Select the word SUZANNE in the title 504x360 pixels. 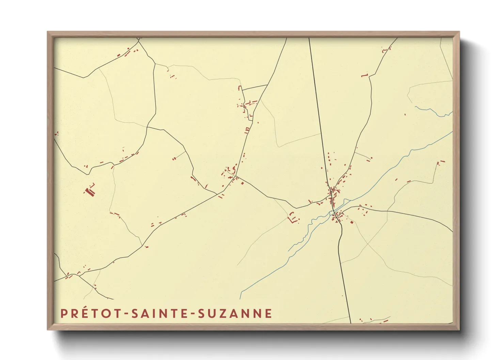tap(235, 313)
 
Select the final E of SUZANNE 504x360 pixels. tap(269, 313)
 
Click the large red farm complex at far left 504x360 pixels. tap(90, 190)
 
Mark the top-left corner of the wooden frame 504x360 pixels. tap(48, 32)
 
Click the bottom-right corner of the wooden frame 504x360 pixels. tap(459, 329)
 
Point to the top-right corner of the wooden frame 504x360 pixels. tap(459, 32)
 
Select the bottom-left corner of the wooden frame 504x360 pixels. tap(48, 329)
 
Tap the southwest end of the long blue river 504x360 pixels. tap(241, 297)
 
